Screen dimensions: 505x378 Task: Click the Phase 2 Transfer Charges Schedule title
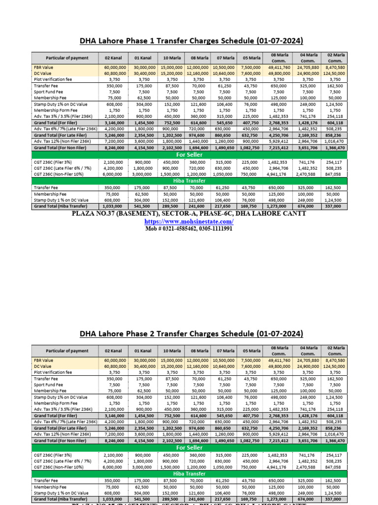coord(191,334)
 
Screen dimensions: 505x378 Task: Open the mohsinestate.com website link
coord(189,221)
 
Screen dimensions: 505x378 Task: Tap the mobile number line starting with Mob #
coord(189,229)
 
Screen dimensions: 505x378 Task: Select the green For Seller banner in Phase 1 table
coord(189,154)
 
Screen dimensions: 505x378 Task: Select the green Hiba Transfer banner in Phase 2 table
coord(189,473)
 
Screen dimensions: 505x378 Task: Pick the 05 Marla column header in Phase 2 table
coord(252,351)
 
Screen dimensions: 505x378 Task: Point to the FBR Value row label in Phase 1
coord(44,67)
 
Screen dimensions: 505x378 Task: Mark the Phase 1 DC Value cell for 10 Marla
coord(171,73)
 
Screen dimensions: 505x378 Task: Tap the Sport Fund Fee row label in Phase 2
coord(48,385)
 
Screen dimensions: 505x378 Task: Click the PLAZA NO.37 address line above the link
coord(189,214)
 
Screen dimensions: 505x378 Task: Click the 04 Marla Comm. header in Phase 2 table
coord(308,351)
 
